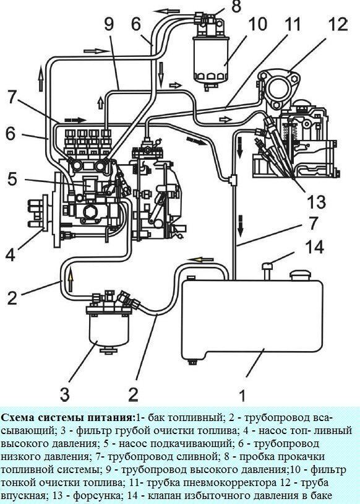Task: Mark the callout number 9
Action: point(109,26)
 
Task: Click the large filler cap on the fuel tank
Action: point(301,274)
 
